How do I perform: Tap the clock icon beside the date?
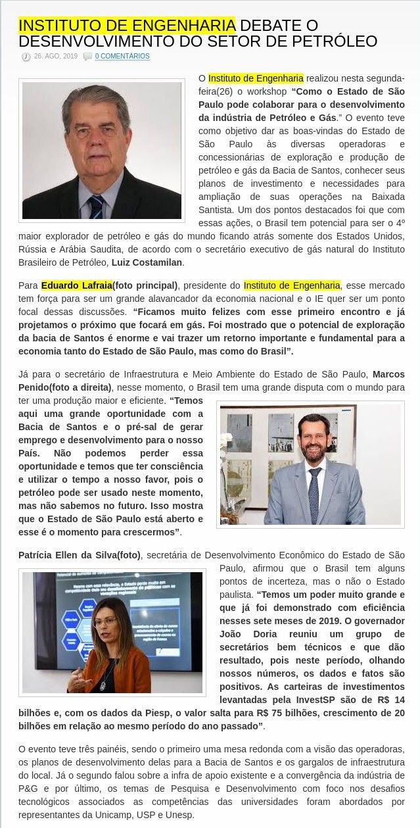click(x=26, y=57)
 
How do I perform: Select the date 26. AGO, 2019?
click(x=56, y=57)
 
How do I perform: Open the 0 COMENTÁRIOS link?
click(x=122, y=57)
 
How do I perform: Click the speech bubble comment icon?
click(x=87, y=57)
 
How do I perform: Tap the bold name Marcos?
click(x=388, y=374)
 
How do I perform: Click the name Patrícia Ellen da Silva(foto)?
click(x=80, y=555)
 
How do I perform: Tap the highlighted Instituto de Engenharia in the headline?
click(x=127, y=26)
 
